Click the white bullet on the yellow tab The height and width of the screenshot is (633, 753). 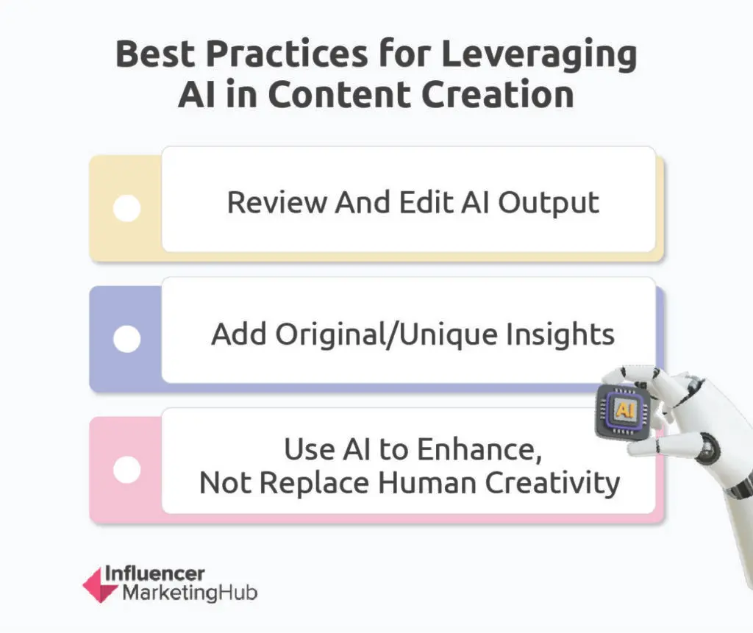[127, 208]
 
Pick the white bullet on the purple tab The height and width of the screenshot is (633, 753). [127, 339]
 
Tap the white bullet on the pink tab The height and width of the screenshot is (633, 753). [127, 470]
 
